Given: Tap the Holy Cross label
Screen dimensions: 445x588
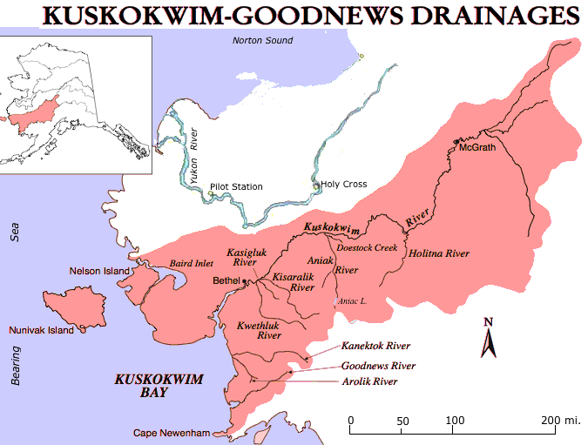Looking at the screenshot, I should [x=344, y=184].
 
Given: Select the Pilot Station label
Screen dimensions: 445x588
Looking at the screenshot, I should [x=236, y=186].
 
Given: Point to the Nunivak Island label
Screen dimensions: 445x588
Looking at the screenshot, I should [x=41, y=331].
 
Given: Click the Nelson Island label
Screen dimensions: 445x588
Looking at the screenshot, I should [x=98, y=271].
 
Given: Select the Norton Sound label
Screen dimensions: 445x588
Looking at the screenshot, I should [x=262, y=41].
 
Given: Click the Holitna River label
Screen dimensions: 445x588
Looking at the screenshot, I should [x=439, y=253].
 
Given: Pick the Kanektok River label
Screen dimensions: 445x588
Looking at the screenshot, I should [x=377, y=346].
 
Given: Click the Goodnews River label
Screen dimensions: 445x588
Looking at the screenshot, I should [x=378, y=366].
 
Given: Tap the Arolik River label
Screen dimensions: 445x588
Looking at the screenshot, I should [x=369, y=381].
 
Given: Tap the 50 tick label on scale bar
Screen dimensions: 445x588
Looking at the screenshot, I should [x=402, y=421].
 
